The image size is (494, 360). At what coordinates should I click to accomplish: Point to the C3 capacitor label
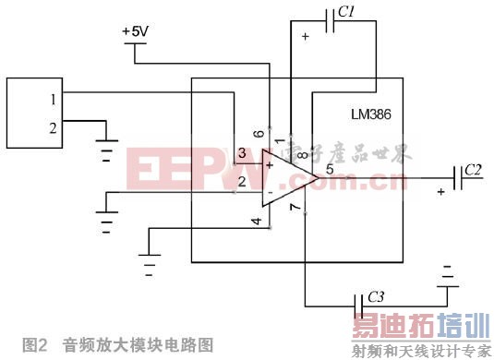(x=376, y=296)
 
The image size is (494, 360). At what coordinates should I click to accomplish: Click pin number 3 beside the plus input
(x=241, y=152)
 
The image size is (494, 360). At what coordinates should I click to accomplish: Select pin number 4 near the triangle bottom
(x=256, y=221)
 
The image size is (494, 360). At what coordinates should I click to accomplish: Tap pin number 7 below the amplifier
(x=295, y=210)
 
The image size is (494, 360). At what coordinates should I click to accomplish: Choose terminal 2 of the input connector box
(x=54, y=128)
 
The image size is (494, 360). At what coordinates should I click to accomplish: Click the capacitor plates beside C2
(x=457, y=175)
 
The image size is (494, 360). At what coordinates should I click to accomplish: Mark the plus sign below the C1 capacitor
(x=306, y=37)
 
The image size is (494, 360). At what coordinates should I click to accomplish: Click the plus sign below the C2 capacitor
(x=441, y=191)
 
